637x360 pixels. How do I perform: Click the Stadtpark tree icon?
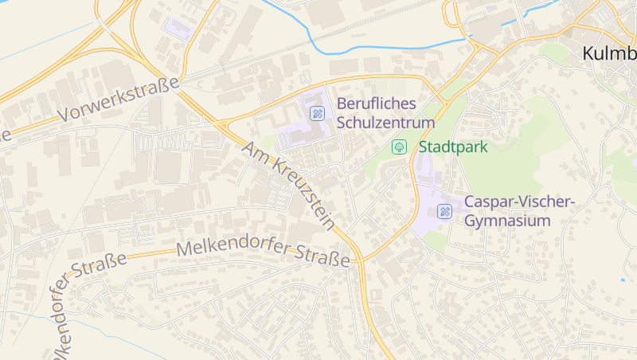[399, 147]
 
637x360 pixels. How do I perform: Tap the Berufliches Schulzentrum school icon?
[318, 113]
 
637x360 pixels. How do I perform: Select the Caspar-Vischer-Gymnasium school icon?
[445, 211]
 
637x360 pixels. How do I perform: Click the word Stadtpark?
[452, 147]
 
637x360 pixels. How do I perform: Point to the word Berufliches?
[376, 104]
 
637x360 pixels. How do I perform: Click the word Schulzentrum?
[386, 123]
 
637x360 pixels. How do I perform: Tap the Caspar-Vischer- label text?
[518, 202]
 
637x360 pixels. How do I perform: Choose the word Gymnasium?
[508, 221]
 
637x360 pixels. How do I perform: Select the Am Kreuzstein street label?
[288, 185]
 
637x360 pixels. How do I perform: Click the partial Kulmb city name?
[610, 54]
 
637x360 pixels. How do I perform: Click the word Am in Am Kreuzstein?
[254, 151]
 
